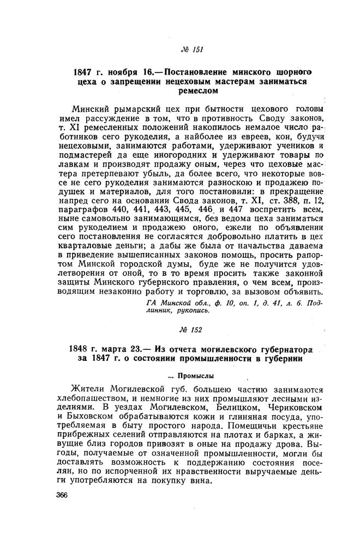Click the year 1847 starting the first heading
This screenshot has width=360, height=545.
85,71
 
